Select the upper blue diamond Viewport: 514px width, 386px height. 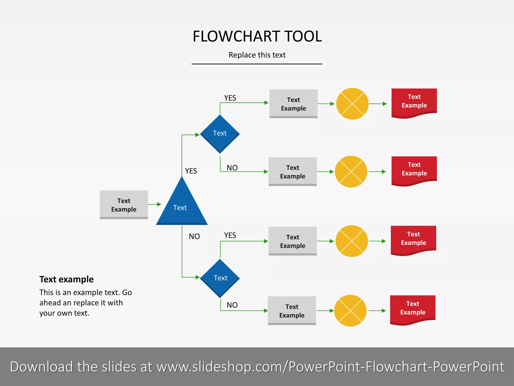(x=220, y=134)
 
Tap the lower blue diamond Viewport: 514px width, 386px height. (x=220, y=278)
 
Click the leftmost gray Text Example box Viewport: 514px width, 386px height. (x=124, y=205)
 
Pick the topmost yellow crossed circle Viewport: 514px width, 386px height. (x=352, y=104)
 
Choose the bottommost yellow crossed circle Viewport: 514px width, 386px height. (x=350, y=311)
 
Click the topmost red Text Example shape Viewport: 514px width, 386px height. (x=414, y=102)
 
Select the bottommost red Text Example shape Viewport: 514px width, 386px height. (x=413, y=309)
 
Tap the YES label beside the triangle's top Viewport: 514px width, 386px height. (x=191, y=171)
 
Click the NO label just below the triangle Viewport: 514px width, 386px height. (x=194, y=236)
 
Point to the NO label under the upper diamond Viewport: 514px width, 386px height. (x=232, y=168)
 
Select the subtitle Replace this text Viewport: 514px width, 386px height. (x=257, y=55)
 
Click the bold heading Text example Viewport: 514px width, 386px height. (x=67, y=279)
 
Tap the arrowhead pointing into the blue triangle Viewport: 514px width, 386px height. (x=159, y=204)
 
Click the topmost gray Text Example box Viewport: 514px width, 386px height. (x=293, y=104)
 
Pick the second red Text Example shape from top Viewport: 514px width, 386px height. (x=414, y=170)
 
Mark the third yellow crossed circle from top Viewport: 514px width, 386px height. (x=352, y=241)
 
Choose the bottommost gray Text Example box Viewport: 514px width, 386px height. (x=292, y=310)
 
